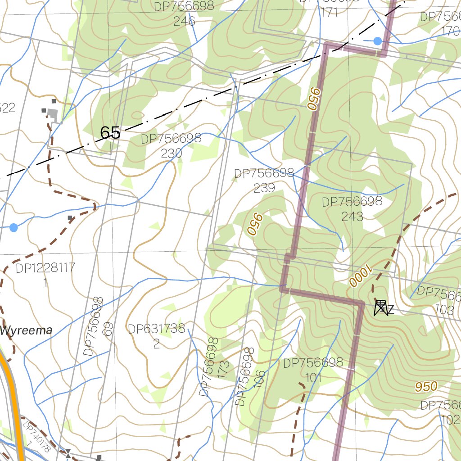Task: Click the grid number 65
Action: coord(110,133)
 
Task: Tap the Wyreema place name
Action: coord(26,330)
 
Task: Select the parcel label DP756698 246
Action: coord(184,14)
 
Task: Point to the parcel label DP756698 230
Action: coord(171,145)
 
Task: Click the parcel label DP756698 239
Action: coord(264,180)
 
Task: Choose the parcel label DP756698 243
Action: coord(352,208)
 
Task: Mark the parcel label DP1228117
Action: coord(45,269)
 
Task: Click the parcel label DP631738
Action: coord(156,329)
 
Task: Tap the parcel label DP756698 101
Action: coord(313,370)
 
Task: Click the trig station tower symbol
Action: coord(380,308)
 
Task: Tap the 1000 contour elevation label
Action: coord(360,276)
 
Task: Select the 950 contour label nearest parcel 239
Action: coord(255,224)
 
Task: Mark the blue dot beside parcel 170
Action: coord(378,41)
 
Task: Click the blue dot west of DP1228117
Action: coord(14,227)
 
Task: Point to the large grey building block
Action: coord(53,115)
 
